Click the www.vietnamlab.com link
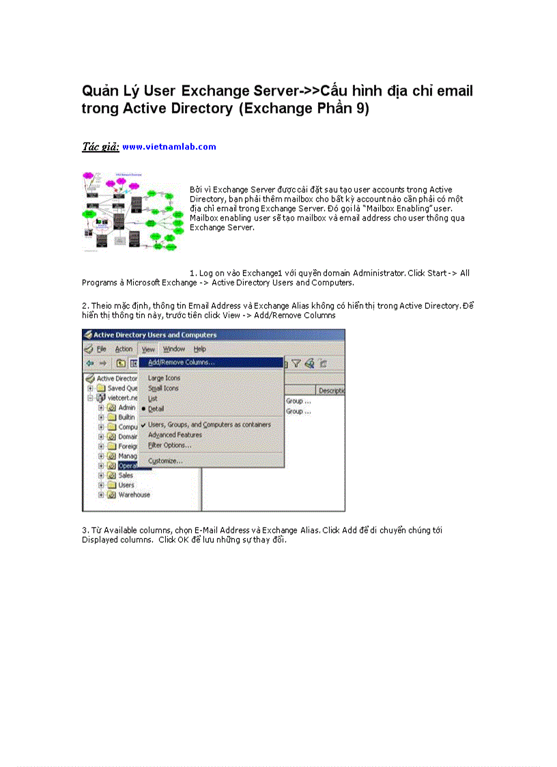point(169,147)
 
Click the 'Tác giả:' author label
point(100,147)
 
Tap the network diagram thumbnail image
point(133,212)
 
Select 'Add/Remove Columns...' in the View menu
point(181,363)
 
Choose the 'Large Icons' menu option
point(164,378)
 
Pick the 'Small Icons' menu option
point(163,388)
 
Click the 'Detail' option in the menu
point(156,408)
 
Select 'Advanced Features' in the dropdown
point(175,434)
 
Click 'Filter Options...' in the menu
point(169,445)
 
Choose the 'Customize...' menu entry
point(165,461)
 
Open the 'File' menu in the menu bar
point(101,349)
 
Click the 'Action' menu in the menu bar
point(124,349)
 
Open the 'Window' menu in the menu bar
point(174,349)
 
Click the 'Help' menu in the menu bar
point(200,349)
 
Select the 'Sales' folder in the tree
point(126,475)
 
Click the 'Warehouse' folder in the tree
point(134,494)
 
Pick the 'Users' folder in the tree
point(126,485)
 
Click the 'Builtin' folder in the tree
point(126,417)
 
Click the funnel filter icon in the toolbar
point(296,363)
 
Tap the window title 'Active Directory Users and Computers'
point(154,335)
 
